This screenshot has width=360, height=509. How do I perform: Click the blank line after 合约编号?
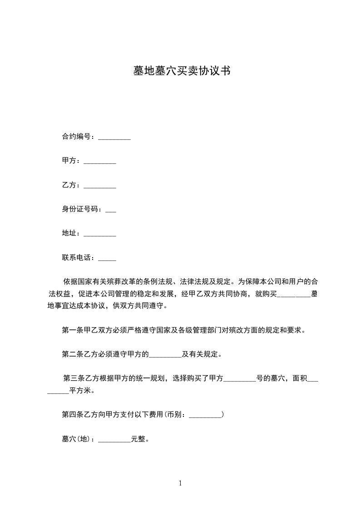coord(114,137)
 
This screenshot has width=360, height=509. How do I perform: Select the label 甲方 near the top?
coord(69,161)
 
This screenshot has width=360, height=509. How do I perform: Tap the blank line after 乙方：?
coord(100,186)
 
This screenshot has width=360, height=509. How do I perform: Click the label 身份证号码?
coord(82,210)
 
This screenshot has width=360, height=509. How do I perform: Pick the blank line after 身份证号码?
coord(110,211)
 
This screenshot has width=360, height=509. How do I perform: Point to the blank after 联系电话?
coord(107,259)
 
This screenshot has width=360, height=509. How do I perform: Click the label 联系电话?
coord(78,258)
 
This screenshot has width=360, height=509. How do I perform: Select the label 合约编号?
coord(78,137)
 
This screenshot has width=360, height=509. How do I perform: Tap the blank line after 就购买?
coord(293,295)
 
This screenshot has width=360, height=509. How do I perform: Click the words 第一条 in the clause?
coord(71,330)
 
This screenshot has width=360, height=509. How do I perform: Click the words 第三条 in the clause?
coord(73,378)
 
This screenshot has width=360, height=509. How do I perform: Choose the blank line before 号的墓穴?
coord(240,380)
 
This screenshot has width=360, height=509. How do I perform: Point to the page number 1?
coord(180,483)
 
